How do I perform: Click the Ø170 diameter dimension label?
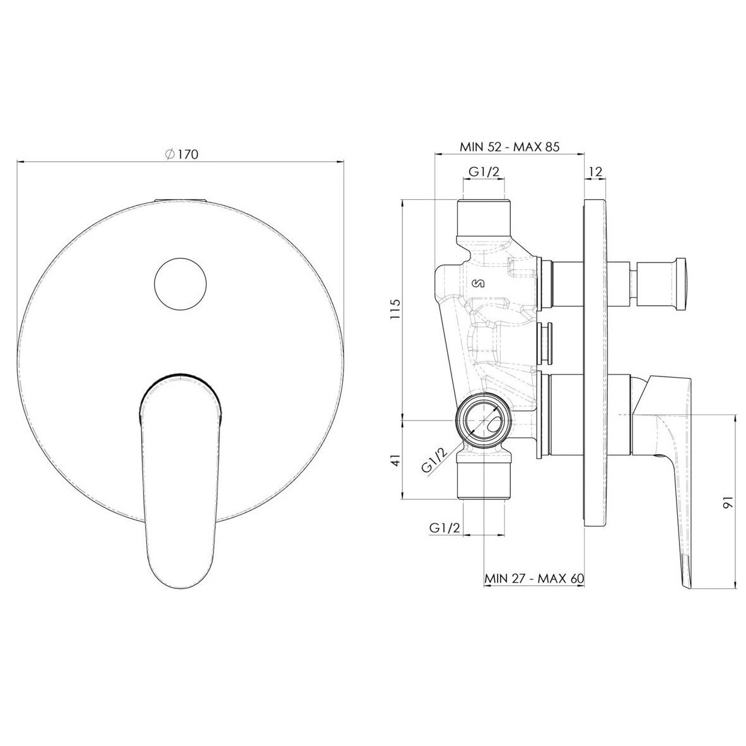[181, 154]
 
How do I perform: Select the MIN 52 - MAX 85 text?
[510, 147]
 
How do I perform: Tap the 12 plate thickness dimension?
[596, 172]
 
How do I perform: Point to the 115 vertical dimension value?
[396, 309]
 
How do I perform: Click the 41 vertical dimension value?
[396, 460]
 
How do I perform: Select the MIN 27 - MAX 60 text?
[534, 578]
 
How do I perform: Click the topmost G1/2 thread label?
[484, 172]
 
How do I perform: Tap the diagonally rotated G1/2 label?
[435, 460]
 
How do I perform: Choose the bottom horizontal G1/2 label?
[445, 528]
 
